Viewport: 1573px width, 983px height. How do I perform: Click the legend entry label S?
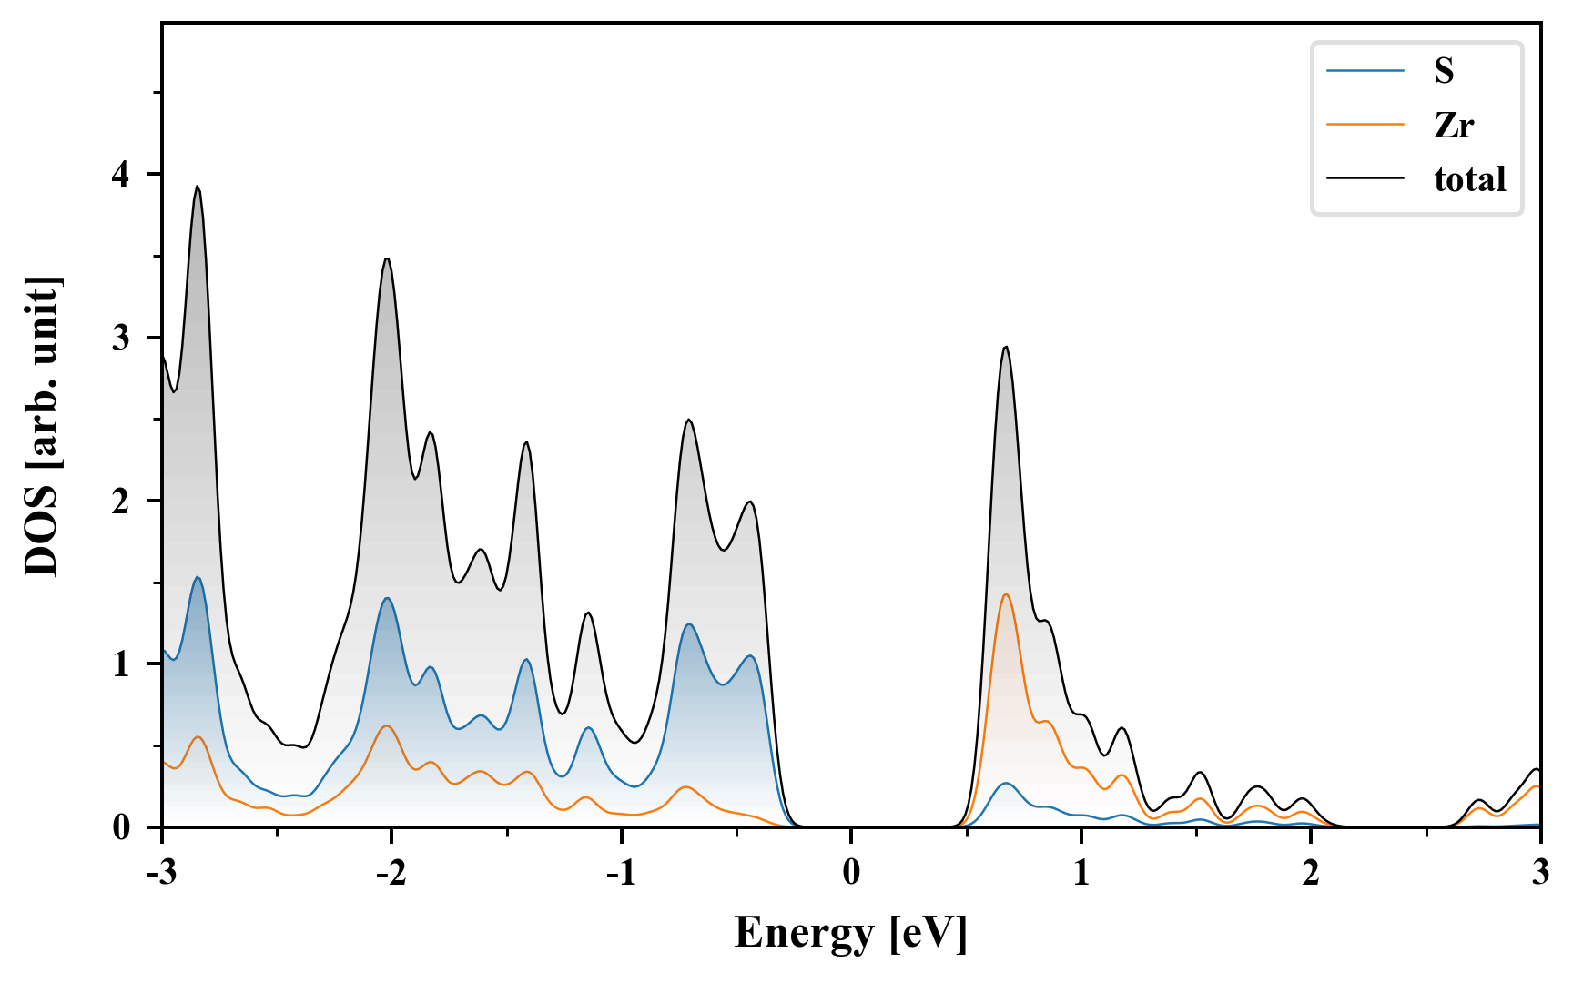click(1444, 71)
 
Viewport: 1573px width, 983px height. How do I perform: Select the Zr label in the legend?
click(1454, 125)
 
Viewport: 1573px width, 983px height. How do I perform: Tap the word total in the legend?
click(1470, 179)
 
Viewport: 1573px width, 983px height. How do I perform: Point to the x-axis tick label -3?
click(161, 872)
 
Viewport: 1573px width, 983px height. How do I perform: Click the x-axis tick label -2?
click(391, 872)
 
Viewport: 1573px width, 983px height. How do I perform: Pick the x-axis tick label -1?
click(621, 872)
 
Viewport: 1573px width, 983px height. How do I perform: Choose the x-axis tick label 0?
click(851, 872)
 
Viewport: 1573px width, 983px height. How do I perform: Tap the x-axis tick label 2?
click(1311, 872)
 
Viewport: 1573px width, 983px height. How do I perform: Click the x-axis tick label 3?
click(1540, 872)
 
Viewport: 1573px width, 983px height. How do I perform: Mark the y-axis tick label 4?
click(121, 174)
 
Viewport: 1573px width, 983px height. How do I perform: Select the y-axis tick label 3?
click(121, 338)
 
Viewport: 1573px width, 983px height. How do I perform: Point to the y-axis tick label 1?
click(121, 664)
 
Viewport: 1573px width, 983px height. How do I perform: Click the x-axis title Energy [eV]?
click(851, 933)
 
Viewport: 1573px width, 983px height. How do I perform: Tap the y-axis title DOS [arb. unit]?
click(42, 426)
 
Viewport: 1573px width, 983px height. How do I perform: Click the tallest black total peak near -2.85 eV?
click(197, 187)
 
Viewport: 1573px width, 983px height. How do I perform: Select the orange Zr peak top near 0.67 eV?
click(1006, 594)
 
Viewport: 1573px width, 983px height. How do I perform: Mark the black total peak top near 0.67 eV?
click(1005, 347)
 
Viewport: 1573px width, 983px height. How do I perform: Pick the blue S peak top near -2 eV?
click(388, 598)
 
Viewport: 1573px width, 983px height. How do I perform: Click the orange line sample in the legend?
click(1365, 125)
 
